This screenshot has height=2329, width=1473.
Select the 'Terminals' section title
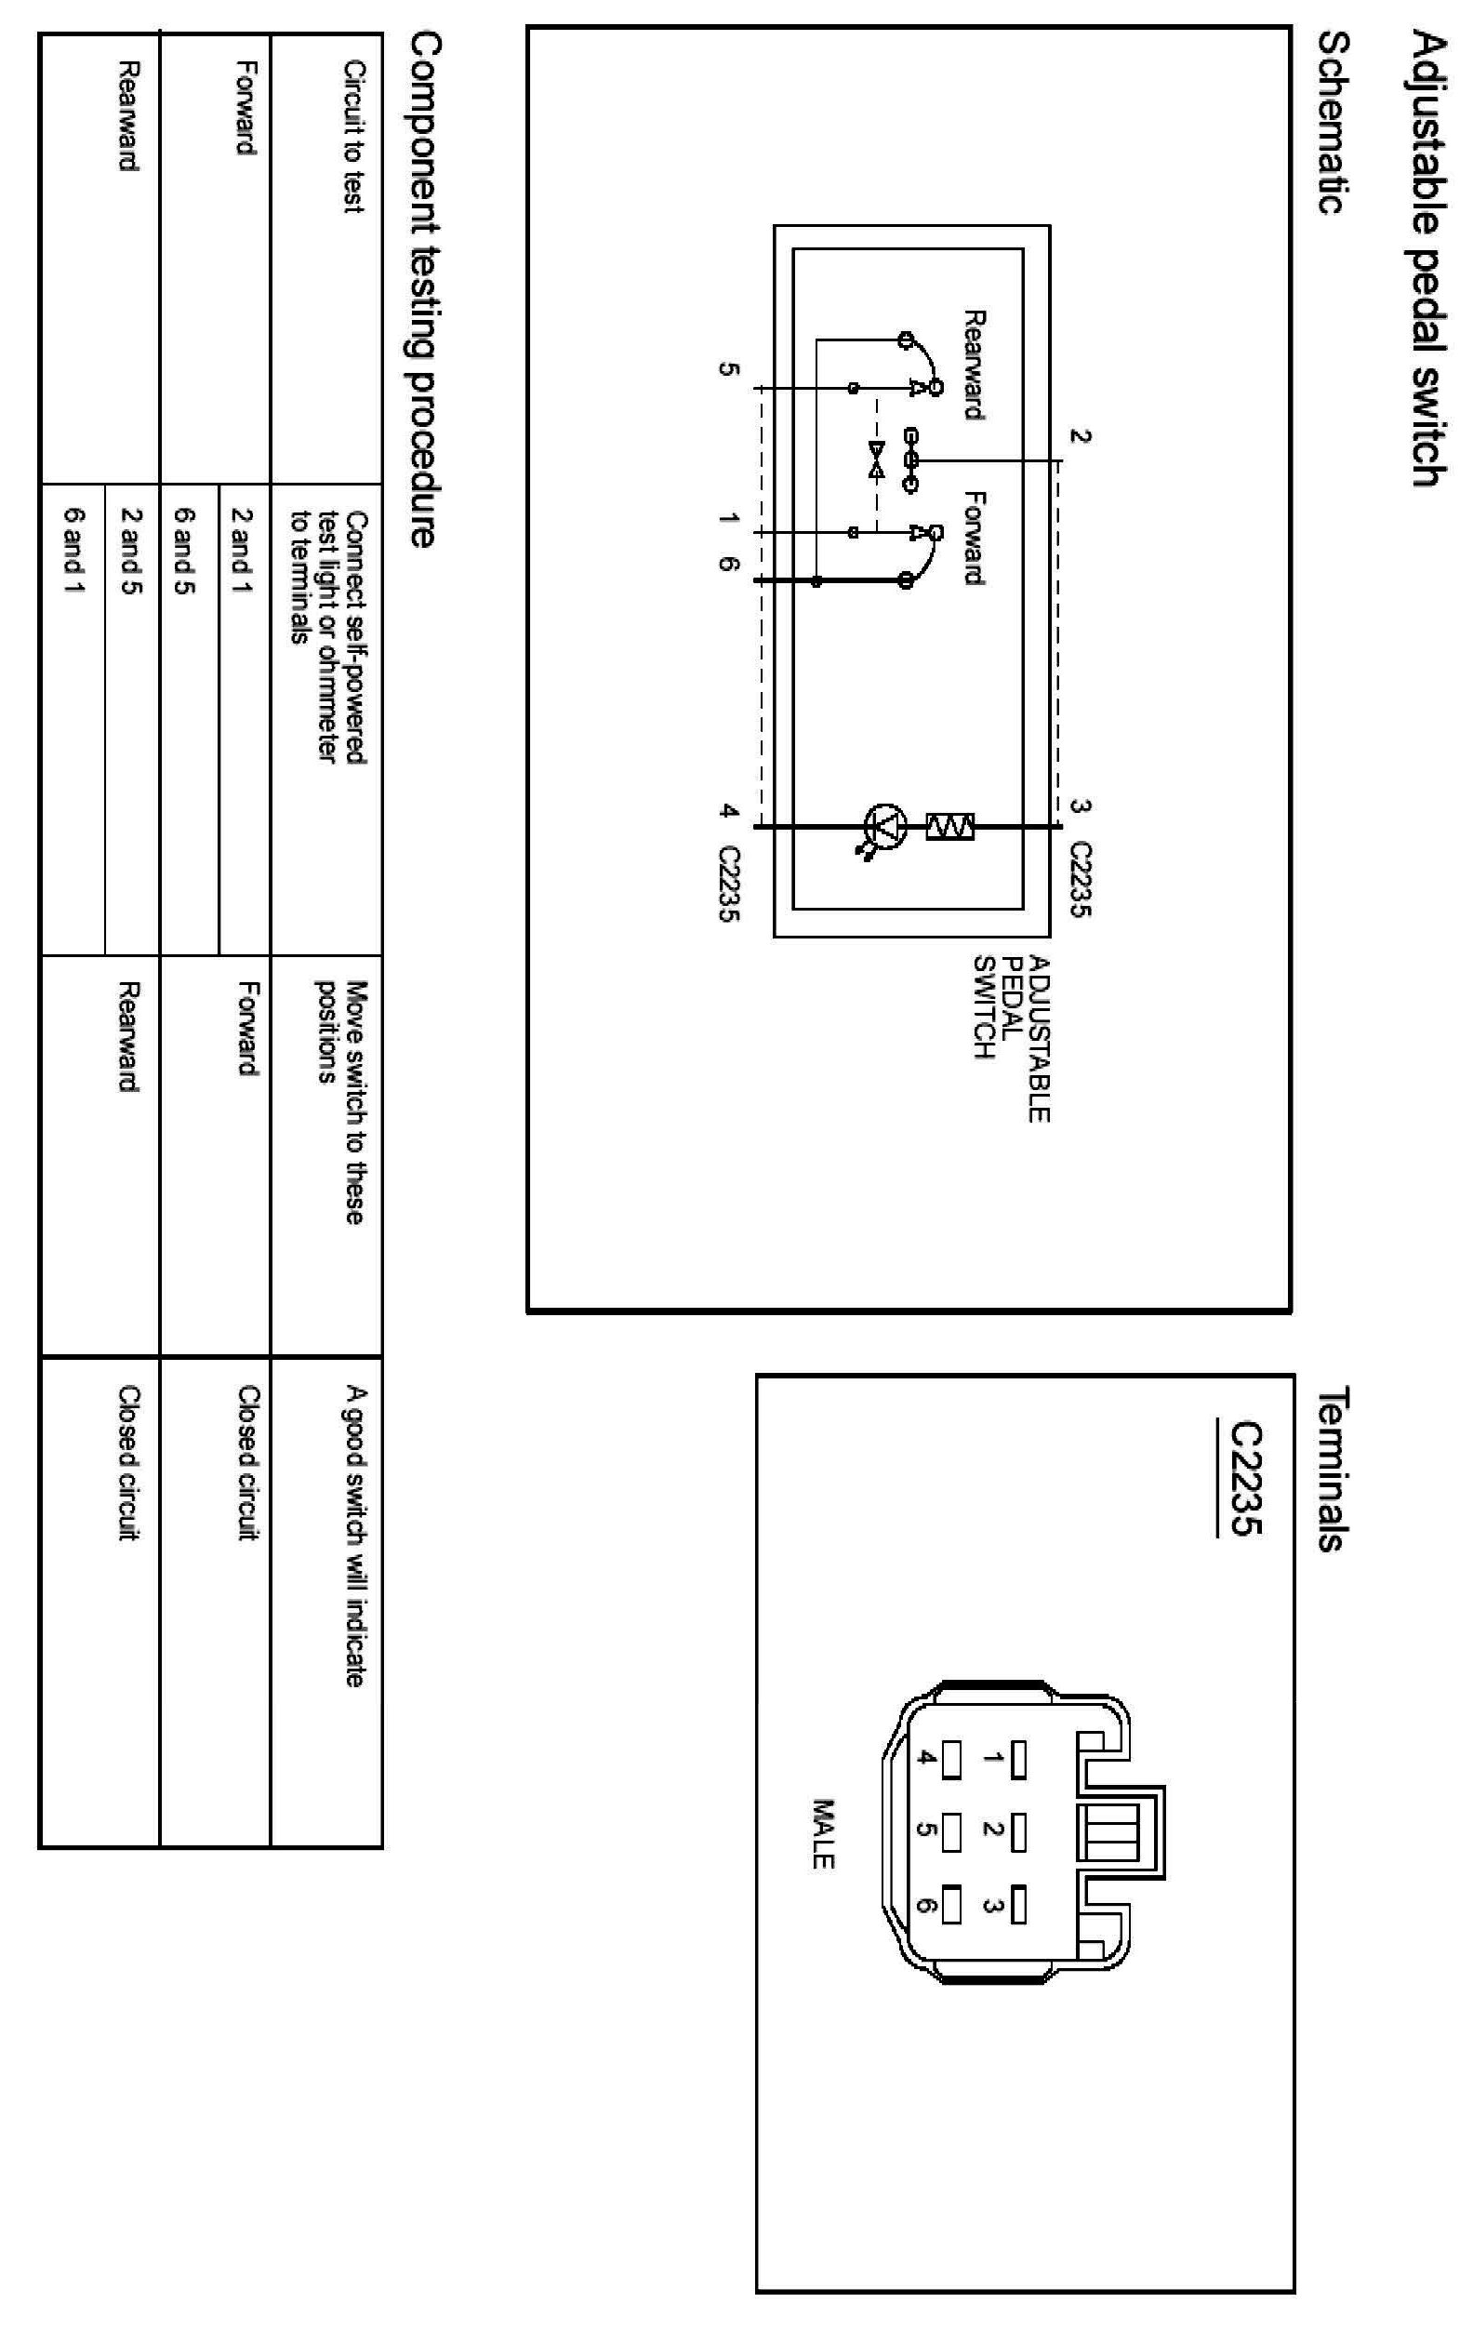(1334, 1470)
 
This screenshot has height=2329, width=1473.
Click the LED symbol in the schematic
(884, 825)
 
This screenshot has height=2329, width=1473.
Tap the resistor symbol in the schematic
(949, 826)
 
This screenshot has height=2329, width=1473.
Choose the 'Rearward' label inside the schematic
(974, 365)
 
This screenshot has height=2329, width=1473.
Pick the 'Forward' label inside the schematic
(974, 538)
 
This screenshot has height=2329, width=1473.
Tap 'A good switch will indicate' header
(355, 1537)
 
